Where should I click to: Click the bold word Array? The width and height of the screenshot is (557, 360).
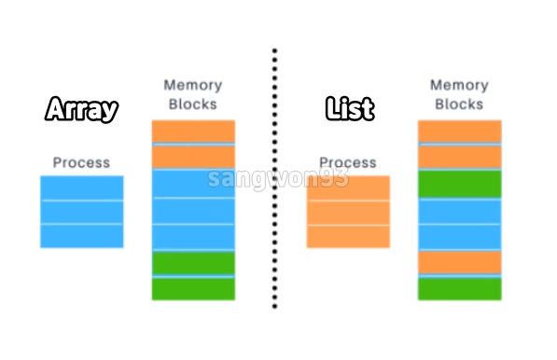[82, 110]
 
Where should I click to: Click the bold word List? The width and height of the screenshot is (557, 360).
[350, 109]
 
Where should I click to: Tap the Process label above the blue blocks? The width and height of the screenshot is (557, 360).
[81, 162]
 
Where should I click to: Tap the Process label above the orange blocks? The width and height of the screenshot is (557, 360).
[348, 162]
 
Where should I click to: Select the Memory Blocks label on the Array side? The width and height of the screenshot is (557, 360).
[192, 95]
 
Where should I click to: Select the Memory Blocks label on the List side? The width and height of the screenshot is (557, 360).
[459, 95]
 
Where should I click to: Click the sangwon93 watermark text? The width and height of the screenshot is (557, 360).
[278, 178]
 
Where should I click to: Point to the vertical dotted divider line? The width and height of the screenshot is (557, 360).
[274, 187]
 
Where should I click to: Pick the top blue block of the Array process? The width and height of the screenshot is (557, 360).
[81, 187]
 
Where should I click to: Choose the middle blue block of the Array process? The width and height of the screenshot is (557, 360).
[81, 212]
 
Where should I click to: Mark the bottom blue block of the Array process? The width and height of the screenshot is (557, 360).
[81, 236]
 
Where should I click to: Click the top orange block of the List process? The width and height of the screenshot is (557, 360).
[348, 187]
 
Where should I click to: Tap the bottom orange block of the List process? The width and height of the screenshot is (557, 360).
[348, 236]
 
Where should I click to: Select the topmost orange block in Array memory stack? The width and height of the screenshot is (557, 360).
[193, 132]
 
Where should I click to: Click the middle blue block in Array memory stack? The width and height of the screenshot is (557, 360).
[193, 211]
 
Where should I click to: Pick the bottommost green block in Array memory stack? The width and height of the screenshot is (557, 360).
[193, 289]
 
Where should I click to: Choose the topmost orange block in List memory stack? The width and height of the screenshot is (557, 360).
[459, 132]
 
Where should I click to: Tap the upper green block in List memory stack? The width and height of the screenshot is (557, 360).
[459, 184]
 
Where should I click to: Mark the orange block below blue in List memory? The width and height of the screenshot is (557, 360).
[459, 262]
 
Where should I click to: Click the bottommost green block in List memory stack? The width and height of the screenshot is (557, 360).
[459, 289]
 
